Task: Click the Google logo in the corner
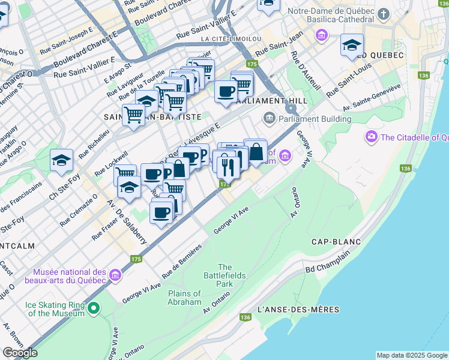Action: click(x=20, y=353)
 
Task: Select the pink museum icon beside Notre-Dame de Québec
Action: click(x=322, y=36)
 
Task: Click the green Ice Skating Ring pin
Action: click(x=92, y=309)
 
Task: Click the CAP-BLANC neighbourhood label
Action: click(x=336, y=242)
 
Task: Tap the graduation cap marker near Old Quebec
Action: click(x=352, y=45)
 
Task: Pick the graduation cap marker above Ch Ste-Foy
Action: click(x=61, y=160)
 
